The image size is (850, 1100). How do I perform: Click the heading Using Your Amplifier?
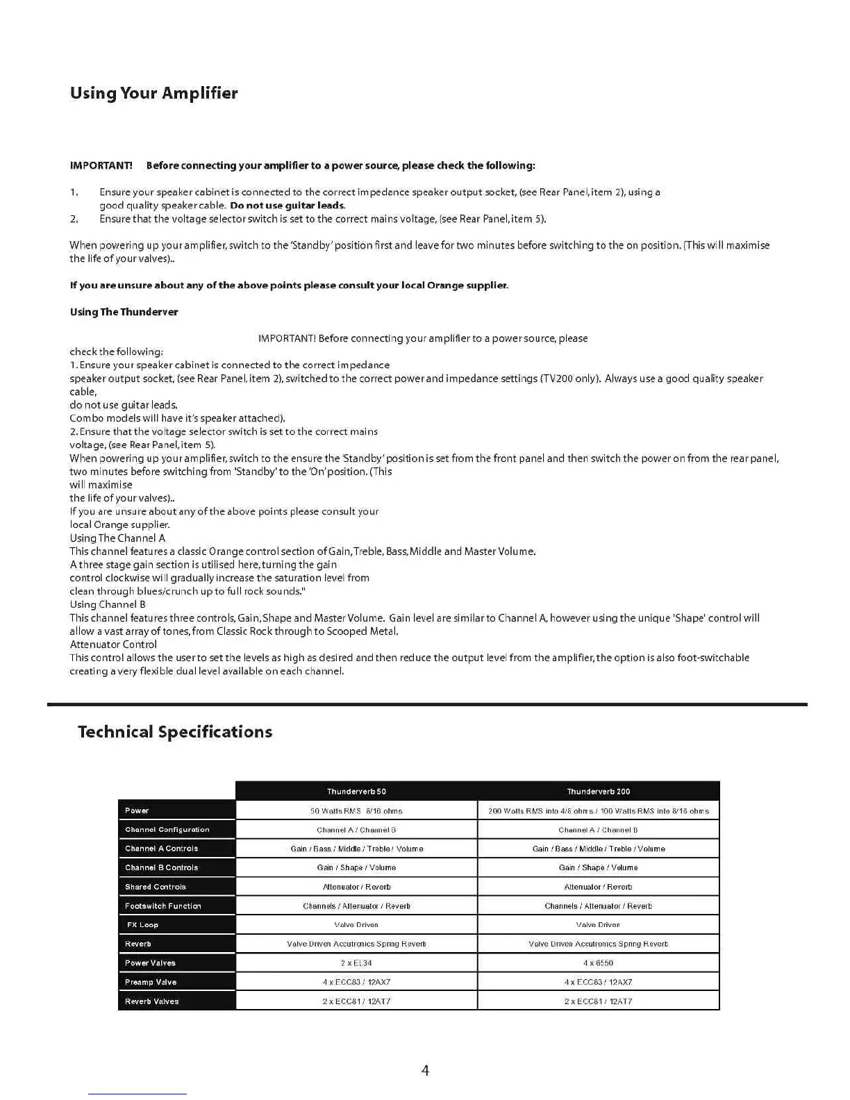pos(153,93)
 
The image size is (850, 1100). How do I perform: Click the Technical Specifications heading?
pos(175,732)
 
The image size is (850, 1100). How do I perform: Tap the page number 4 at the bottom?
pos(425,1070)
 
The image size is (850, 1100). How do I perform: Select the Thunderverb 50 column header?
pos(356,792)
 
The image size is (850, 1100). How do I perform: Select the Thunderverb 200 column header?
pos(599,792)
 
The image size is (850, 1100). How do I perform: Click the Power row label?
pos(137,810)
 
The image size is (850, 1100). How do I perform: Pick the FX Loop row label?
pos(142,925)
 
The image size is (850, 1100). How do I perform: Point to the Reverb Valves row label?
pos(151,1001)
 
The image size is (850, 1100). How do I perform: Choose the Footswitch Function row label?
pos(162,906)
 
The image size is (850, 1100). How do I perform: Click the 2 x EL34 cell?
pos(356,963)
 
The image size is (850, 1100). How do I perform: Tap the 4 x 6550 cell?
pos(599,963)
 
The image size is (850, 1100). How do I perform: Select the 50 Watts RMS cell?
pos(356,811)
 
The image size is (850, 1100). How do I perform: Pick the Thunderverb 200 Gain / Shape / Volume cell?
pos(599,868)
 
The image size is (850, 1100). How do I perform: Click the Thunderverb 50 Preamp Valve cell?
pos(356,983)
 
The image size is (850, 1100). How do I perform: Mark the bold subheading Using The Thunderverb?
pos(124,312)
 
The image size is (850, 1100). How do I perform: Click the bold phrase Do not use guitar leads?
pos(287,206)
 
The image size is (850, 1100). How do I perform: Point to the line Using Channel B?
pos(108,605)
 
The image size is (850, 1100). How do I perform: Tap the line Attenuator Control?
pos(113,644)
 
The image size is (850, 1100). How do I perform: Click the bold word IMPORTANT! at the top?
pos(101,165)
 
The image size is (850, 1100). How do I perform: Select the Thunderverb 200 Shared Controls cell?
pos(599,887)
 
